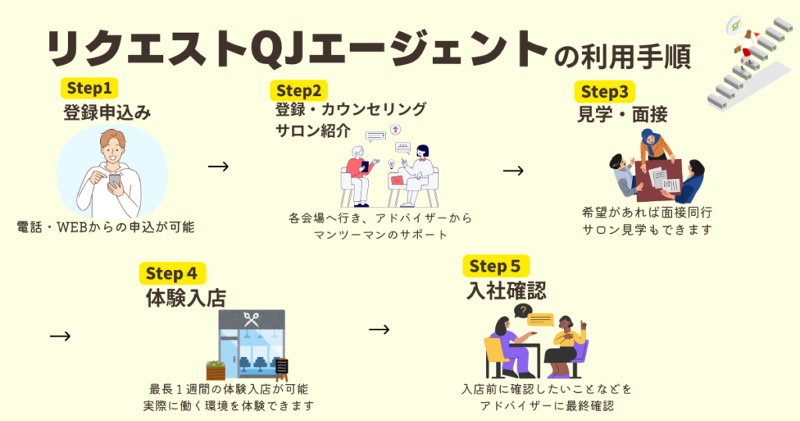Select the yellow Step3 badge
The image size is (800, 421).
point(604,92)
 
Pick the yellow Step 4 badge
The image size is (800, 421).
point(172,273)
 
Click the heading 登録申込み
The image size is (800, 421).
point(107,112)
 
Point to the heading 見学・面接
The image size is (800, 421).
point(622,115)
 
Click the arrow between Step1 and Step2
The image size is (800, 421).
point(219,166)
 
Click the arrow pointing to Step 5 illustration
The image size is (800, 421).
point(379,329)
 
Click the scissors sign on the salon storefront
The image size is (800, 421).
point(252,319)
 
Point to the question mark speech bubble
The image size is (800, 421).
point(522,311)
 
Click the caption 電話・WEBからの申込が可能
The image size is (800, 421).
point(105,228)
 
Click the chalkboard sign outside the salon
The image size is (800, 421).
point(281,367)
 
